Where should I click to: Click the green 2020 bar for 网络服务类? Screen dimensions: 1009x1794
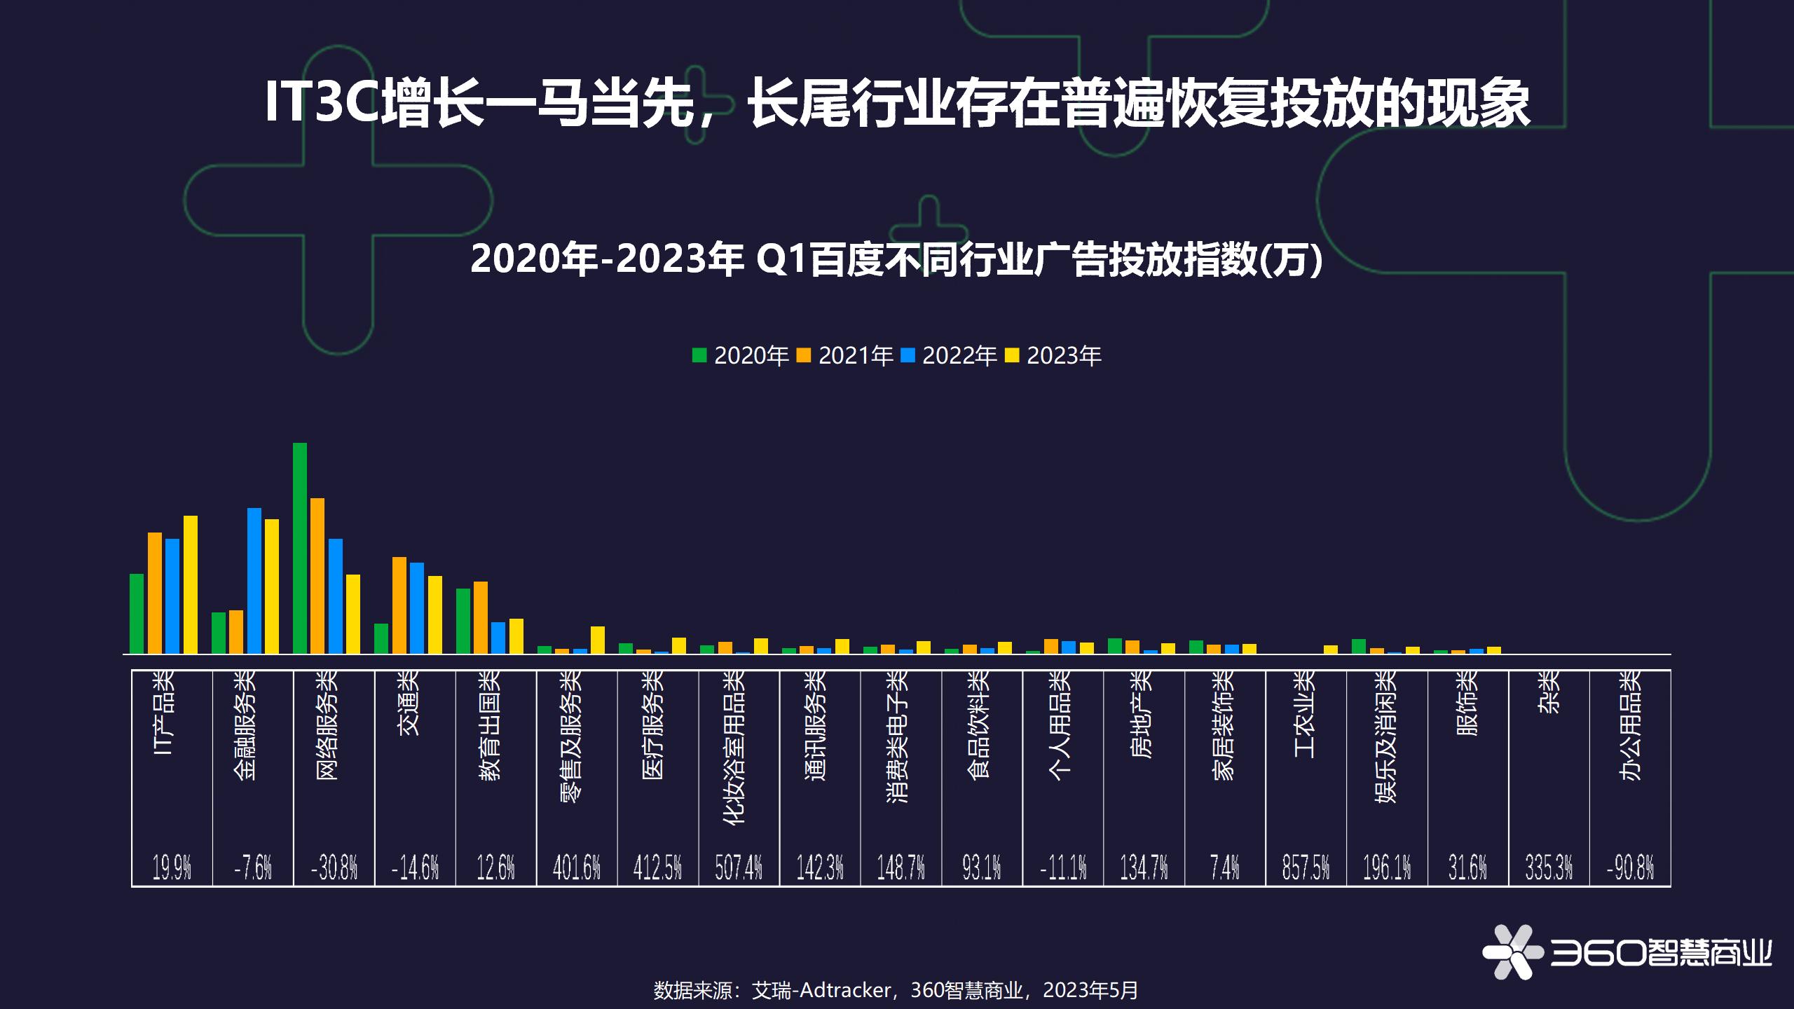[x=299, y=548]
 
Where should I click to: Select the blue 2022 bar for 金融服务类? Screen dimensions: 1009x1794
[x=254, y=581]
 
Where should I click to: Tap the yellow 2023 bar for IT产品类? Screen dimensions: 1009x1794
[x=190, y=584]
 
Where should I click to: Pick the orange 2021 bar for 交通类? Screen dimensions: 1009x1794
[x=399, y=605]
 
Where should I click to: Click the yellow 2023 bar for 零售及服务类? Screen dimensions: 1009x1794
[x=597, y=640]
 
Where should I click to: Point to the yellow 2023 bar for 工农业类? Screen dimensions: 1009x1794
[x=1330, y=650]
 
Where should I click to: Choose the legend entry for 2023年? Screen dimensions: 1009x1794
[x=1053, y=356]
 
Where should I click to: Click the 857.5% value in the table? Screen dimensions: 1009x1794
[x=1305, y=867]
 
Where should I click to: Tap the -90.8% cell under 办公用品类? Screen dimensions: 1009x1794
[x=1629, y=867]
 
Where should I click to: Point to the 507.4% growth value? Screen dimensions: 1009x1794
[x=738, y=867]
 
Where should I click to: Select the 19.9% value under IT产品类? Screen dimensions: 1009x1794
[x=172, y=867]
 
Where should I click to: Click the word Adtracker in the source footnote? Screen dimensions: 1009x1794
[x=845, y=990]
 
